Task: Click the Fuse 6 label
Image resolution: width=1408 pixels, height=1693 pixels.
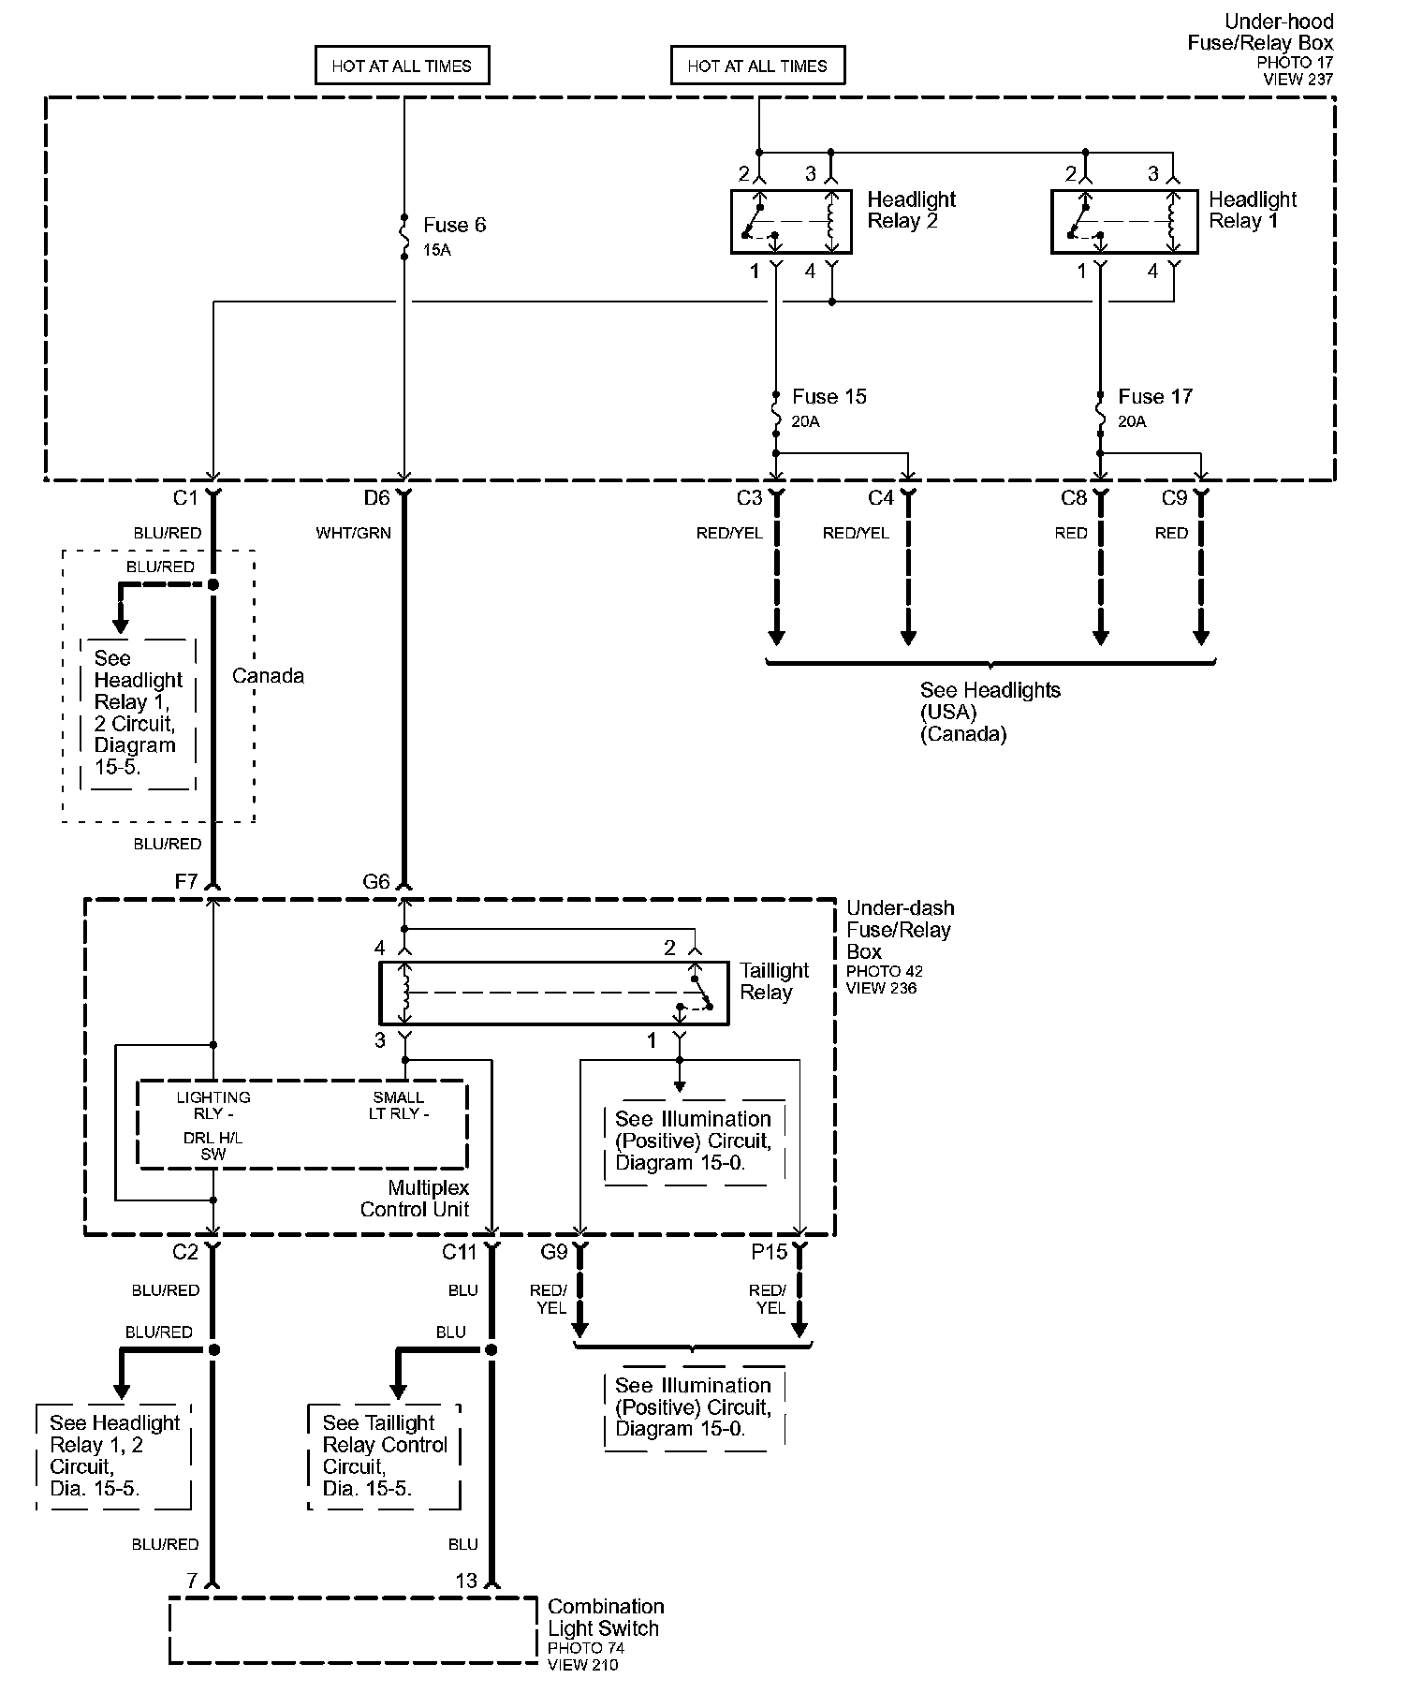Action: (454, 225)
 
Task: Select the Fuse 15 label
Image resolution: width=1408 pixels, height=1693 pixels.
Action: (829, 396)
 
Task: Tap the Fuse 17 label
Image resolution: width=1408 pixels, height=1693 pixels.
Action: (1155, 396)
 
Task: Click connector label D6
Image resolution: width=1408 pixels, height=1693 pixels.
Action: (376, 498)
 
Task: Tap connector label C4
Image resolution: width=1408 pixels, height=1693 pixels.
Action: (881, 498)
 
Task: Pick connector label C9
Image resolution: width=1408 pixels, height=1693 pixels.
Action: (1174, 498)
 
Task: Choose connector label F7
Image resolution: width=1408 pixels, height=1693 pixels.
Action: (185, 881)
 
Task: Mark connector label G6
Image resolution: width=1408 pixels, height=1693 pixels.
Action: (376, 881)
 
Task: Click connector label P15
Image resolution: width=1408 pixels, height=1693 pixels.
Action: (770, 1251)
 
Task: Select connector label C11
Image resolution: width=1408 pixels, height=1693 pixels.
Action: (460, 1251)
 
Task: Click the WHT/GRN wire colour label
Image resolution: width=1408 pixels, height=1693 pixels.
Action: (353, 533)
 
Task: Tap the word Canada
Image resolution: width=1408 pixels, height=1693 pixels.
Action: (268, 675)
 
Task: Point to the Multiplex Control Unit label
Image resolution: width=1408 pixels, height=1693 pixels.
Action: (415, 1199)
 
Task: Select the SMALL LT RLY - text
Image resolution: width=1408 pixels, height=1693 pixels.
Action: (399, 1105)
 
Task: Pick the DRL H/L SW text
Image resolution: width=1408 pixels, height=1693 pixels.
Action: (213, 1146)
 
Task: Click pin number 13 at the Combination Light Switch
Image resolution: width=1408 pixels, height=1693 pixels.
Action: (466, 1581)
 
